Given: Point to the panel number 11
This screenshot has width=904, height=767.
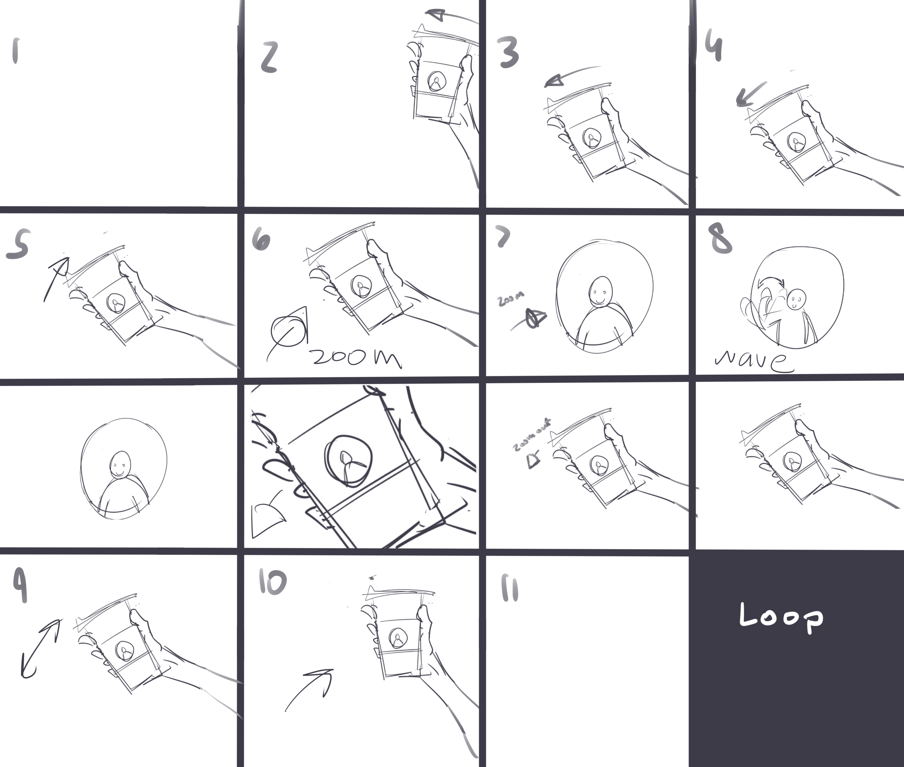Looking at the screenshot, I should (x=510, y=588).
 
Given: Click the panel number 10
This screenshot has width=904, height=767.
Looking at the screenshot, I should (x=273, y=582).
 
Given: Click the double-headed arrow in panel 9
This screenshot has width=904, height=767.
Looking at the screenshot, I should (x=40, y=648).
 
